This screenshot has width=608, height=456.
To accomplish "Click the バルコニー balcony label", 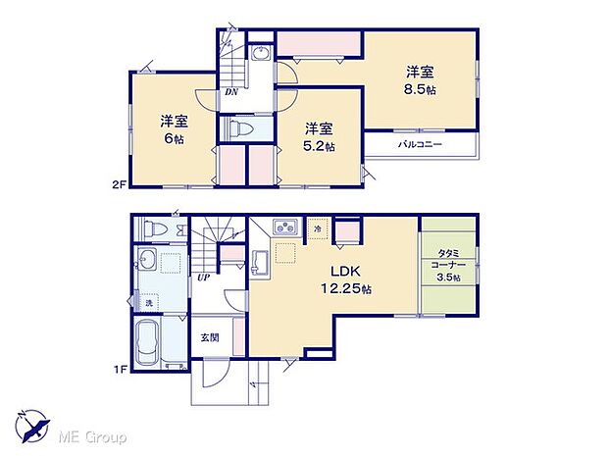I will [x=420, y=145].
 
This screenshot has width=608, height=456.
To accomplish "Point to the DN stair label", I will [x=231, y=92].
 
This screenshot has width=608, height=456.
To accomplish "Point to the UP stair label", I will [x=204, y=278].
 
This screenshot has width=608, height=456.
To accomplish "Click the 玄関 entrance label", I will [x=210, y=337].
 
